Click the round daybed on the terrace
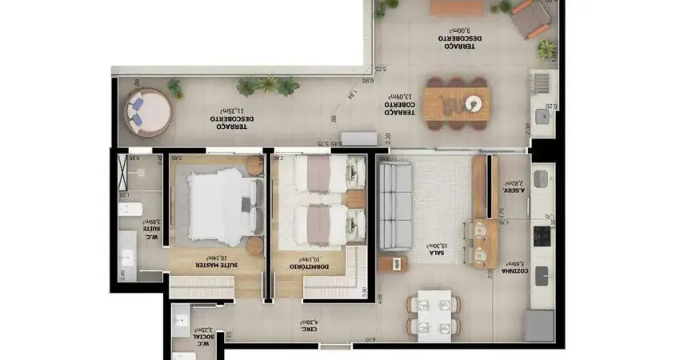point(146,112)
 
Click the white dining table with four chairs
point(434,313)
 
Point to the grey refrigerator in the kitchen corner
point(538,325)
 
